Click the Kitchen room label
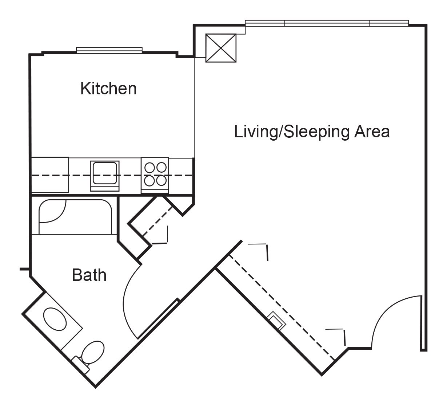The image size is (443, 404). [x=108, y=89]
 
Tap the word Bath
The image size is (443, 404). [x=89, y=275]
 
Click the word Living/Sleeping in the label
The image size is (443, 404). [x=292, y=132]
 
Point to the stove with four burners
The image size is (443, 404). [x=155, y=175]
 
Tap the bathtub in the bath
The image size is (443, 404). [x=75, y=217]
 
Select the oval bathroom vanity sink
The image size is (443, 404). [x=55, y=319]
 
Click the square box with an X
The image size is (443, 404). [x=221, y=48]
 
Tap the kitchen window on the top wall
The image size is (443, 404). [x=109, y=50]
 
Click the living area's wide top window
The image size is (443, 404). [x=327, y=23]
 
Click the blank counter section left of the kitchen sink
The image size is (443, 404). [x=50, y=175]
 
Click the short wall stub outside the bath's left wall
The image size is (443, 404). [x=24, y=269]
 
